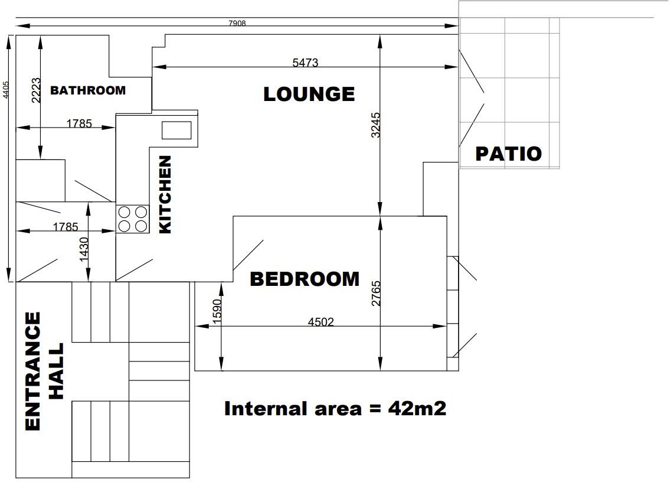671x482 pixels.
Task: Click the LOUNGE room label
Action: (x=309, y=94)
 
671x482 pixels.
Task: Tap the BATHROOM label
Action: (x=88, y=90)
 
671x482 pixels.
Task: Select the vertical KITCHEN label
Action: (x=165, y=194)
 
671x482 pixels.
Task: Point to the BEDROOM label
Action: (x=305, y=279)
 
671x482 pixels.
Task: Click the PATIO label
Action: (x=509, y=154)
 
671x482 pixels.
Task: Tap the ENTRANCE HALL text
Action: (x=44, y=372)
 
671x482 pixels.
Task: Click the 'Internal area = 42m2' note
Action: (x=335, y=408)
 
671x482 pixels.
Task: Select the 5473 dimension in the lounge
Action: (x=305, y=62)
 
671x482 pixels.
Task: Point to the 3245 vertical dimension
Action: (x=376, y=125)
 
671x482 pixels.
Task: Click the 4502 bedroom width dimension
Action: (x=321, y=321)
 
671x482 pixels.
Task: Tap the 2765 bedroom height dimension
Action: (x=376, y=293)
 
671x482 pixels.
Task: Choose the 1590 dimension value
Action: (x=217, y=311)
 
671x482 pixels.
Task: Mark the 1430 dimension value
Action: (x=83, y=249)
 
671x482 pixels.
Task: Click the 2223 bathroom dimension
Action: (x=35, y=90)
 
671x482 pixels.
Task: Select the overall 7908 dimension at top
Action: (x=237, y=24)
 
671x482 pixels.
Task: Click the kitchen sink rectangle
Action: (x=176, y=131)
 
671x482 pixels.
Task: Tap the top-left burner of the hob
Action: (x=125, y=211)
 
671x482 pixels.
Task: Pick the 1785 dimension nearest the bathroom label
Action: (x=78, y=123)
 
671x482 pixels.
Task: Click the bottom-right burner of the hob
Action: (x=140, y=225)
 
